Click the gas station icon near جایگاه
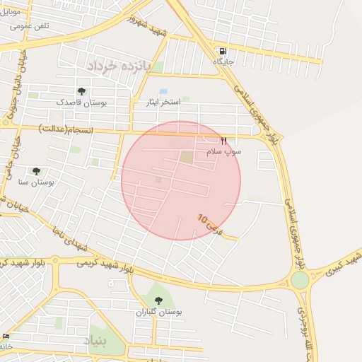[223, 52]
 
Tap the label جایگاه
[224, 62]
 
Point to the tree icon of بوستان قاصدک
[82, 91]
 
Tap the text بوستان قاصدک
[81, 103]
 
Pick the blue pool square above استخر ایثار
[164, 92]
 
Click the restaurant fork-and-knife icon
[224, 141]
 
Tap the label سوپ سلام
[223, 151]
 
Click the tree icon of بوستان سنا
[36, 171]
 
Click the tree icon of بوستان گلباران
[158, 300]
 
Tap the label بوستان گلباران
[158, 311]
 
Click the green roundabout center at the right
[300, 280]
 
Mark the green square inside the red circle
[186, 157]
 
